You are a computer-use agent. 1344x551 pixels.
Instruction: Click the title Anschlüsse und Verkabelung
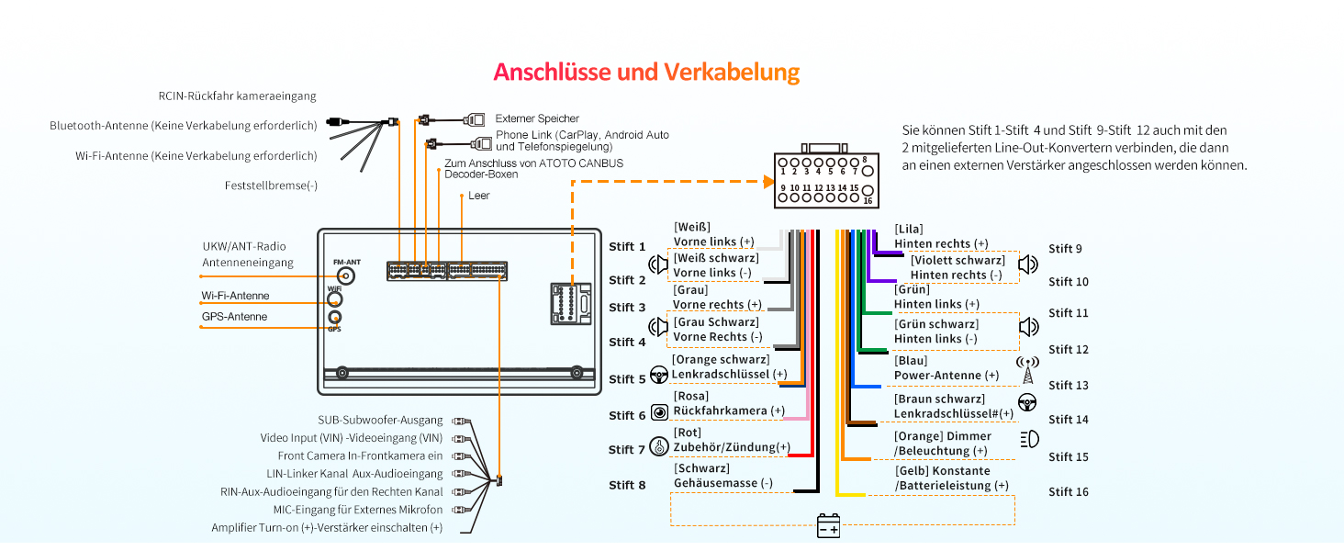(645, 73)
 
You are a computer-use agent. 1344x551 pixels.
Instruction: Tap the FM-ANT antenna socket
(346, 275)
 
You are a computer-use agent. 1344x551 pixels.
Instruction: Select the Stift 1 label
(627, 246)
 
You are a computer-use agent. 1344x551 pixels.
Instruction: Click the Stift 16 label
(1068, 491)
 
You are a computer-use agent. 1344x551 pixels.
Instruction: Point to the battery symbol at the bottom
(828, 527)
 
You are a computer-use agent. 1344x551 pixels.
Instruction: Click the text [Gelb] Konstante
(943, 470)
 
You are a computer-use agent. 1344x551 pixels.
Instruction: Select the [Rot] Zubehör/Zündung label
(731, 440)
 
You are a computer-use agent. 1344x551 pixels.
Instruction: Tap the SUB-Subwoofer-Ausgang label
(380, 420)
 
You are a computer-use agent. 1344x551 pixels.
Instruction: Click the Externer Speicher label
(537, 118)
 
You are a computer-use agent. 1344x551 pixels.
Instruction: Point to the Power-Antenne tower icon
(1028, 370)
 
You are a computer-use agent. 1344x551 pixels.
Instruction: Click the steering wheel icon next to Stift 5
(658, 375)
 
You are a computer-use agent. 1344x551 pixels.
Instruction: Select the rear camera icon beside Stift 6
(658, 412)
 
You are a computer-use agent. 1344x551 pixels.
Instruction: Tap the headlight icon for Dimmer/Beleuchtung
(1028, 439)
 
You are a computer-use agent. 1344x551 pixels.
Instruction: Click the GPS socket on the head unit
(335, 318)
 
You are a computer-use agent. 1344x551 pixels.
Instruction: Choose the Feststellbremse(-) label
(271, 186)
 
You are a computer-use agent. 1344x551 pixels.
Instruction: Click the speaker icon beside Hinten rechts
(1028, 265)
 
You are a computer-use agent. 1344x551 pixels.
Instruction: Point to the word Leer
(478, 196)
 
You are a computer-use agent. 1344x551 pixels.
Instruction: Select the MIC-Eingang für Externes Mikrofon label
(357, 510)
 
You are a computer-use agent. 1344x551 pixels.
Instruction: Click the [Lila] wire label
(909, 229)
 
